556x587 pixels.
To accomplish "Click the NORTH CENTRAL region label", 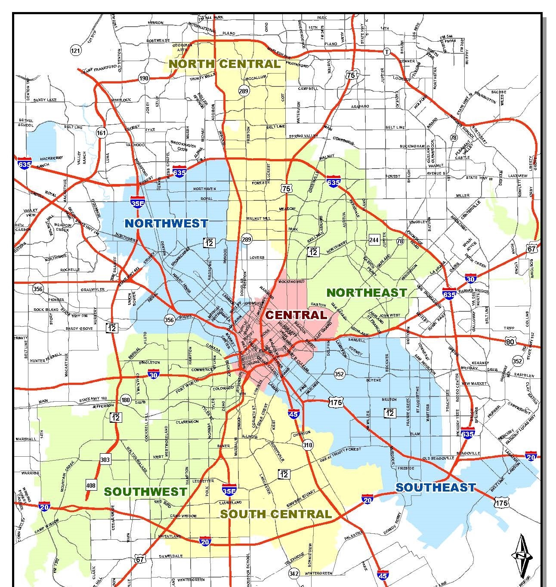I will click(x=224, y=64).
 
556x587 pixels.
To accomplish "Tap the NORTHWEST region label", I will click(x=166, y=223).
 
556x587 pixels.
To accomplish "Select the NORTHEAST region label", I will click(x=367, y=292).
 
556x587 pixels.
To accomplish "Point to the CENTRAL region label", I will click(x=296, y=315).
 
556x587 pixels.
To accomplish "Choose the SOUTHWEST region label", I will click(x=145, y=492).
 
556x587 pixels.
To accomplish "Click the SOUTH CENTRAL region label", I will click(x=276, y=514).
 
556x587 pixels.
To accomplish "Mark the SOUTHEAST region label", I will click(x=436, y=487).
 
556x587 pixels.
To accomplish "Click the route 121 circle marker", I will click(x=75, y=51).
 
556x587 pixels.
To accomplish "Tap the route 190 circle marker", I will click(x=144, y=78).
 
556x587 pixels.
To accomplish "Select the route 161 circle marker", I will click(x=101, y=132).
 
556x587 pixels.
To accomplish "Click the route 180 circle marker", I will click(x=126, y=400).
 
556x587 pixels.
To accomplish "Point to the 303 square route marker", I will click(x=105, y=460).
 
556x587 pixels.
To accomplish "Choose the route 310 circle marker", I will click(x=307, y=445).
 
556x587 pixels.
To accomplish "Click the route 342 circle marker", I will click(x=294, y=574).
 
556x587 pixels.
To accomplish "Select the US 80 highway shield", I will click(x=510, y=342).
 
